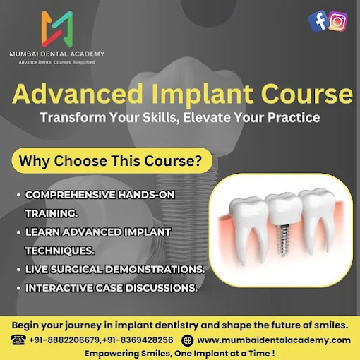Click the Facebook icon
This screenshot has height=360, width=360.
point(318,21)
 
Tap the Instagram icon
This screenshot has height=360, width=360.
point(337,21)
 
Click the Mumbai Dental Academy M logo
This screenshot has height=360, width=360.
point(57,29)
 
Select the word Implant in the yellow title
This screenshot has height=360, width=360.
point(203,94)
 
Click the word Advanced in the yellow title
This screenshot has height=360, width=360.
point(78,94)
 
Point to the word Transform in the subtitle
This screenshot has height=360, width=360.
point(73,117)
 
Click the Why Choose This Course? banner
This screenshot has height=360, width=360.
point(112,161)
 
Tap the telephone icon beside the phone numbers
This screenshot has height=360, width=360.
point(18,340)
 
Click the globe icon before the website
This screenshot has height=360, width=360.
point(188,340)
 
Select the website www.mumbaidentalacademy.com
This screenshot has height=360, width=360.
point(274,340)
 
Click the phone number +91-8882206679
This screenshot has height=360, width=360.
point(64,340)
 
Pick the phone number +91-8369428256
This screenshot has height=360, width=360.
point(138,340)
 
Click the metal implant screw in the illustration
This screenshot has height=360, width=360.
point(284,240)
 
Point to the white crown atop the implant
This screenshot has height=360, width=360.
point(284,209)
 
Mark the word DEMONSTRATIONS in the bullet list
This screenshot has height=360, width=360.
point(155,270)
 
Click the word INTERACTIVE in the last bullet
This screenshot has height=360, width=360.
point(59,288)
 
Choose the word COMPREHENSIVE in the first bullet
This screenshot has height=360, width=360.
point(70,195)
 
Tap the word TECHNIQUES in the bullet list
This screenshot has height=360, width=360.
point(60,251)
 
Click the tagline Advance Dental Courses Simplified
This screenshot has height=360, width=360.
point(56,62)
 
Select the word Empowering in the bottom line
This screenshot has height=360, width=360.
point(112,353)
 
